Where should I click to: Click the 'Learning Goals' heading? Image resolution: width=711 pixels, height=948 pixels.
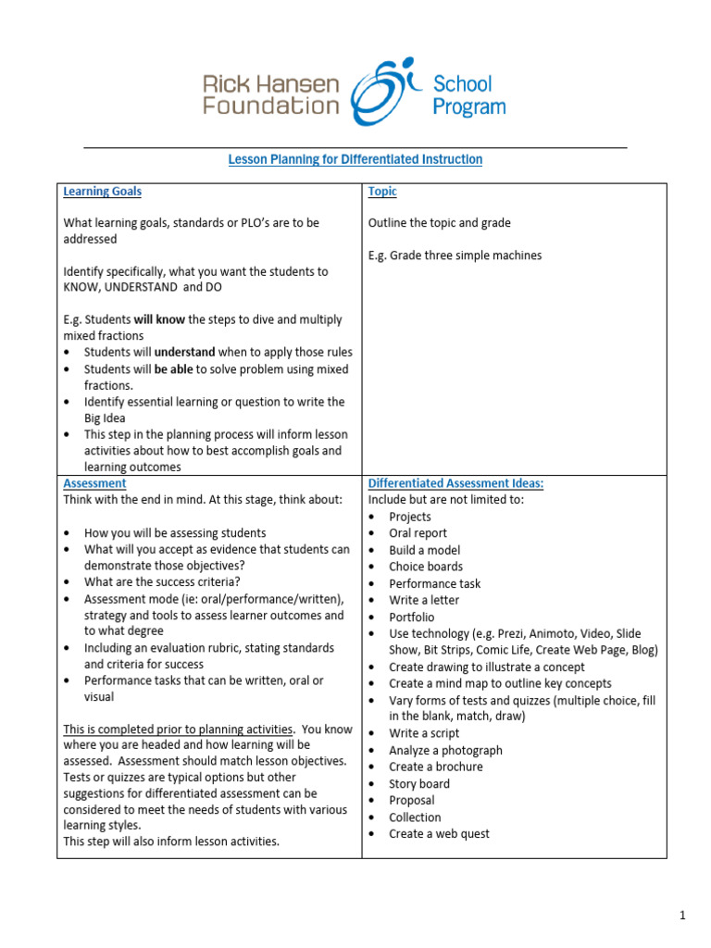coord(102,192)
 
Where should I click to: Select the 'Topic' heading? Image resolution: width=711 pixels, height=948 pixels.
coord(382,192)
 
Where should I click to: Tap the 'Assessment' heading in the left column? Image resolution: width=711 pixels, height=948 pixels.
coord(94,483)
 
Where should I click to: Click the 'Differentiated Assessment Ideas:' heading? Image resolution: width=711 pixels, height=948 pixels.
coord(455,483)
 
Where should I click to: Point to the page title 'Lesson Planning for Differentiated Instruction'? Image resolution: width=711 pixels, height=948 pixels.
coord(355,159)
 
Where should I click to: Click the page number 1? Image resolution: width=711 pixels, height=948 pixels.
coord(681,916)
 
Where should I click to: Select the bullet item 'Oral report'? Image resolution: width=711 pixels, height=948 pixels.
coord(418,533)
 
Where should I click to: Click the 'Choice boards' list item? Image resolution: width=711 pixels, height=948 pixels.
coord(426,567)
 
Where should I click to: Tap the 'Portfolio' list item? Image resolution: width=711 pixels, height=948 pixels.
coord(411,617)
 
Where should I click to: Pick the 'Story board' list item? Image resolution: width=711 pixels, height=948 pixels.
coord(419,783)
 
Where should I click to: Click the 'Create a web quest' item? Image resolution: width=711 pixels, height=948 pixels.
coord(439,833)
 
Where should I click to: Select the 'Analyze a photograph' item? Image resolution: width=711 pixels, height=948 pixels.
coord(445,750)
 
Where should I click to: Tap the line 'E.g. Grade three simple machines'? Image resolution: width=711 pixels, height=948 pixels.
coord(455,256)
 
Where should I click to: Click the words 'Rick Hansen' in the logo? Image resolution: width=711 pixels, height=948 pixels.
coord(270,84)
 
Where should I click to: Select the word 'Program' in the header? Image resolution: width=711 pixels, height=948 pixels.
coord(469,106)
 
